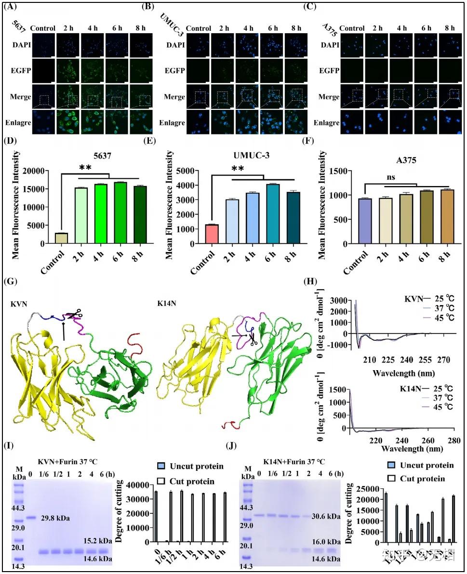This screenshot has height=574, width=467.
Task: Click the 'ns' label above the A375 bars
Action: click(391, 176)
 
